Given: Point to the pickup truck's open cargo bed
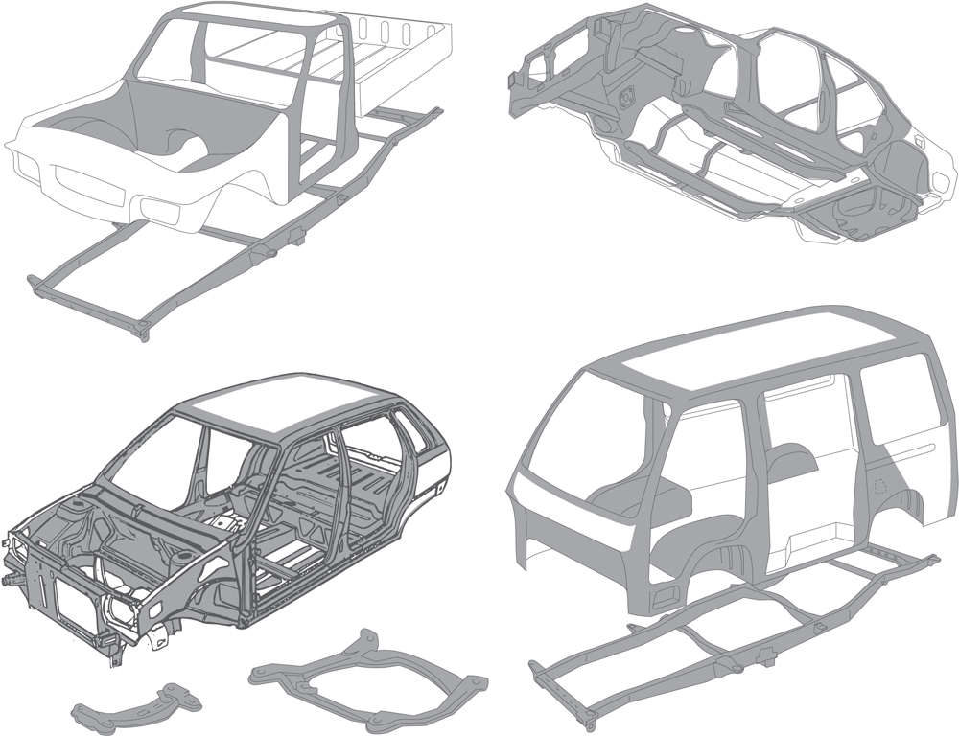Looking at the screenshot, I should click(x=384, y=57).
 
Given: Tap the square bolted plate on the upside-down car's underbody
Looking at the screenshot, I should click(x=628, y=93).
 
